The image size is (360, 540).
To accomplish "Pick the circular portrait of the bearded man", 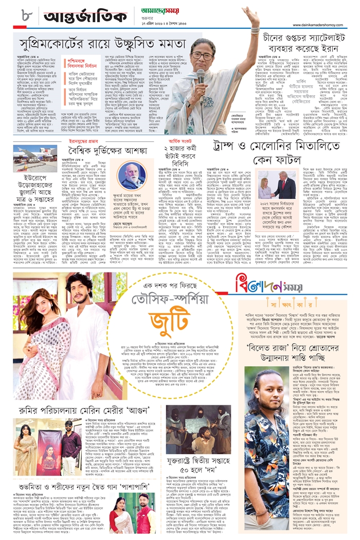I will (133, 176).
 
